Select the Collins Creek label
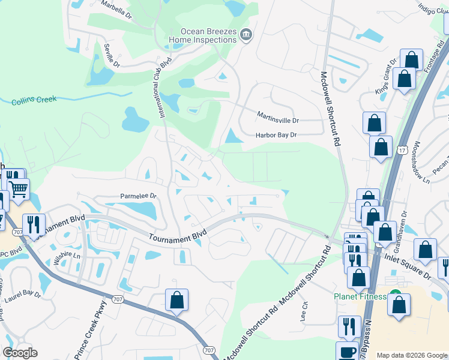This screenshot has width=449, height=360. [x=33, y=102]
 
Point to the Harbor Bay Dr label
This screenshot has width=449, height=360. [x=277, y=135]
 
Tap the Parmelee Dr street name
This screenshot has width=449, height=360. [x=138, y=196]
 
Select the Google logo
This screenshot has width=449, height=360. [x=20, y=353]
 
